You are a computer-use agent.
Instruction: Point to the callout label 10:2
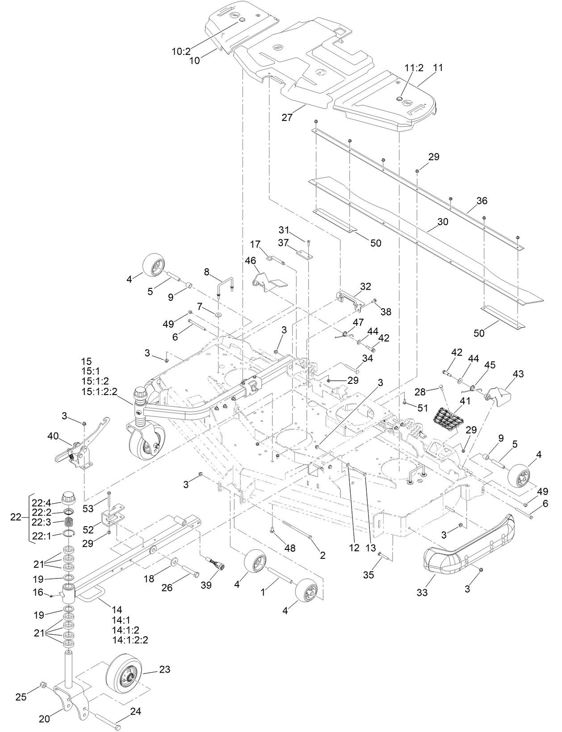pyautogui.click(x=181, y=51)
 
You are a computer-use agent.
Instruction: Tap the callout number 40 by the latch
pyautogui.click(x=53, y=437)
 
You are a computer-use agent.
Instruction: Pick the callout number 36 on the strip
pyautogui.click(x=481, y=201)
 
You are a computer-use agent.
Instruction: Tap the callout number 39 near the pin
pyautogui.click(x=206, y=586)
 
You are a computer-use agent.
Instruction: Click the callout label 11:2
pyautogui.click(x=414, y=68)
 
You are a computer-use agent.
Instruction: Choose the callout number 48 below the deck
pyautogui.click(x=289, y=548)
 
